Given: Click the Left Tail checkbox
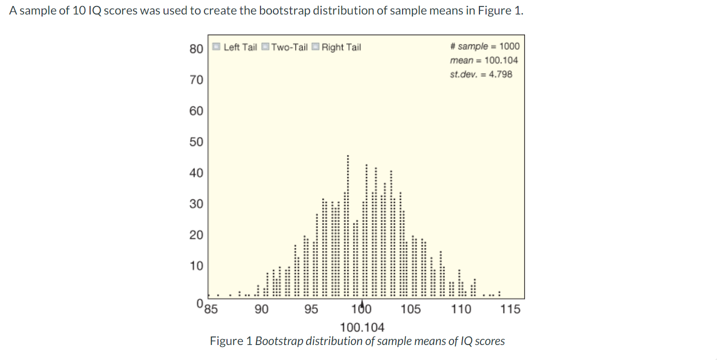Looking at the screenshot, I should click(216, 47).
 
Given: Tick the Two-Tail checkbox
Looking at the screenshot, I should click(265, 47).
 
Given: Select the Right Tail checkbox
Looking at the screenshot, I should click(315, 47).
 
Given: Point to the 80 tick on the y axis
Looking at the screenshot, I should click(196, 48).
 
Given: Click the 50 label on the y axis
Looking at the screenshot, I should click(196, 142).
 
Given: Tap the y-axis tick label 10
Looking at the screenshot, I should click(196, 265).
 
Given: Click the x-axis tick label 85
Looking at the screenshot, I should click(212, 308).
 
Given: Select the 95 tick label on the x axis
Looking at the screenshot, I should click(311, 309).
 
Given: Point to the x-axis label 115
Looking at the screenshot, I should click(510, 309).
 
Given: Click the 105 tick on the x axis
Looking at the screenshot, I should click(410, 309).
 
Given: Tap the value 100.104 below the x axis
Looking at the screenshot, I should click(362, 327).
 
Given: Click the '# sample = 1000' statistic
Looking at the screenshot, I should click(484, 46).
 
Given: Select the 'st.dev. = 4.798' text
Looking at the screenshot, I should click(481, 74).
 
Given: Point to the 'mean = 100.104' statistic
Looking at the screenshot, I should click(483, 60).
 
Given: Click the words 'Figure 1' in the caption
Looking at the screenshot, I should click(231, 341).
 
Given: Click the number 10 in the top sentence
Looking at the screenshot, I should click(79, 11).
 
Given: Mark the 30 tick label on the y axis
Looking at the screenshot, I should click(196, 204).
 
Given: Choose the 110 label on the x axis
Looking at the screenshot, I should click(461, 309).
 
